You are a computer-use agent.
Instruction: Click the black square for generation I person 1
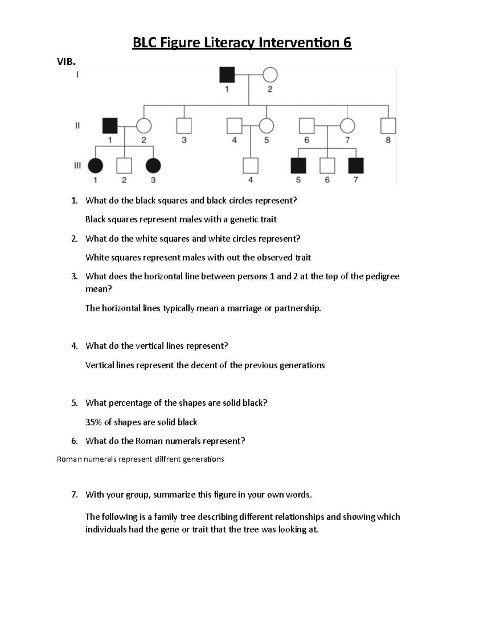[x=227, y=75]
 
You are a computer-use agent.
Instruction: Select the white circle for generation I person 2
[x=270, y=75]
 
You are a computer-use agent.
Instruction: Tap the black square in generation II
[x=110, y=126]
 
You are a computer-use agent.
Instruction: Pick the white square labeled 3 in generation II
[x=184, y=126]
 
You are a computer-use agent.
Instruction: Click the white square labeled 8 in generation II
[x=388, y=126]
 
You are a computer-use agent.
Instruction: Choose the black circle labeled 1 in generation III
[x=96, y=166]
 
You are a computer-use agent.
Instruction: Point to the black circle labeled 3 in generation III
[x=153, y=166]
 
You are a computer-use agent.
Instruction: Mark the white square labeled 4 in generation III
[x=250, y=166]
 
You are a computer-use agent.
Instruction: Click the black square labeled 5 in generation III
[x=298, y=166]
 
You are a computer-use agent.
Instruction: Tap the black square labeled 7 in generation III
[x=356, y=166]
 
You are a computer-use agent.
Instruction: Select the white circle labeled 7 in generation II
[x=347, y=126]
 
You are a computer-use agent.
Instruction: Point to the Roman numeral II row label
[x=77, y=126]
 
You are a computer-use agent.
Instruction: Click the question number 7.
[x=74, y=495]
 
